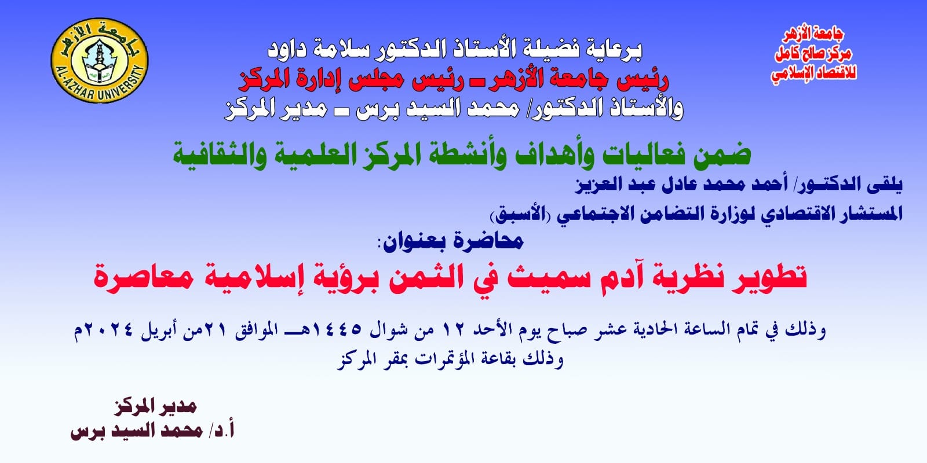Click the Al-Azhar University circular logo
pyautogui.click(x=99, y=60)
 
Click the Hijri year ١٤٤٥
pyautogui.click(x=337, y=329)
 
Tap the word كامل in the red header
pyautogui.click(x=790, y=54)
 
